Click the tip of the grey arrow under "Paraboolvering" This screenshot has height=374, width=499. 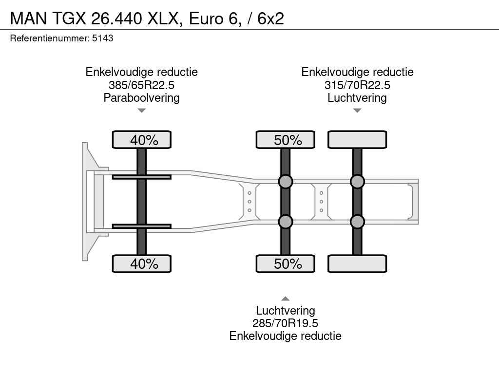[142, 112]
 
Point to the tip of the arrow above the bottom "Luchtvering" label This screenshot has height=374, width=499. [286, 297]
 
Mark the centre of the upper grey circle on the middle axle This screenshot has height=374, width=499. [286, 182]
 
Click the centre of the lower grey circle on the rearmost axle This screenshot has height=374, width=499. [357, 222]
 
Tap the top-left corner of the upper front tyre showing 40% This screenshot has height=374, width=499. [113, 131]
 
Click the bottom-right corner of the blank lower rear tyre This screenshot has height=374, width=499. [386, 272]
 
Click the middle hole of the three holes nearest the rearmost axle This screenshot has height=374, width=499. [322, 202]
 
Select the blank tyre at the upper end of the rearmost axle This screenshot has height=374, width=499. [357, 140]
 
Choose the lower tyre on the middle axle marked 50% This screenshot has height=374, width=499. [286, 263]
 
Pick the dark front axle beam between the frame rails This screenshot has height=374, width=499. [142, 202]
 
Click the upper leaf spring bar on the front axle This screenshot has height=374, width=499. [142, 177]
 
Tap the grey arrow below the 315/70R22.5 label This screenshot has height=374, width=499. [357, 111]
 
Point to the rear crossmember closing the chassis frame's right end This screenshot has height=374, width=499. [414, 202]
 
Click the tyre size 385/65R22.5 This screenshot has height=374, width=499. [142, 85]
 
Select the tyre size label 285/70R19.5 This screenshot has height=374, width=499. [285, 323]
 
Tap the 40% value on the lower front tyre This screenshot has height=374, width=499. [144, 264]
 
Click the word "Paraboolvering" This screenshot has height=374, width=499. [142, 98]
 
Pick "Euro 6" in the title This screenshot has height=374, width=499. [213, 19]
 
